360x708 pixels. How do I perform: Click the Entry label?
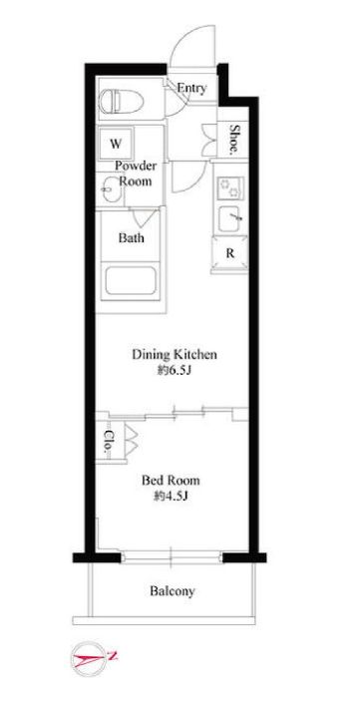point(191,89)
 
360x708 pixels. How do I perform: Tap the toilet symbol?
point(121,101)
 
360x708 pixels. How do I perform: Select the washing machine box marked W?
point(116,144)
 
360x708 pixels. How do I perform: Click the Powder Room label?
point(136,174)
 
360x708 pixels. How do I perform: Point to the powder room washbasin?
point(111,189)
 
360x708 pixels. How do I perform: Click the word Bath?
point(132,238)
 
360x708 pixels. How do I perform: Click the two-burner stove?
point(230,187)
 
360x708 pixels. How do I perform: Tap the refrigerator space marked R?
point(230,253)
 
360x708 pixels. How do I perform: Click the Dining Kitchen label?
point(175,354)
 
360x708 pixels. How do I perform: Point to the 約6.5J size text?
point(175,371)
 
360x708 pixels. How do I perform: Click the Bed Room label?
point(171,481)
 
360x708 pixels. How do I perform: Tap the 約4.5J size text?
point(171,497)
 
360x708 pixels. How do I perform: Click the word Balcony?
point(173,591)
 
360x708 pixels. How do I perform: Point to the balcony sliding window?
point(172,557)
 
